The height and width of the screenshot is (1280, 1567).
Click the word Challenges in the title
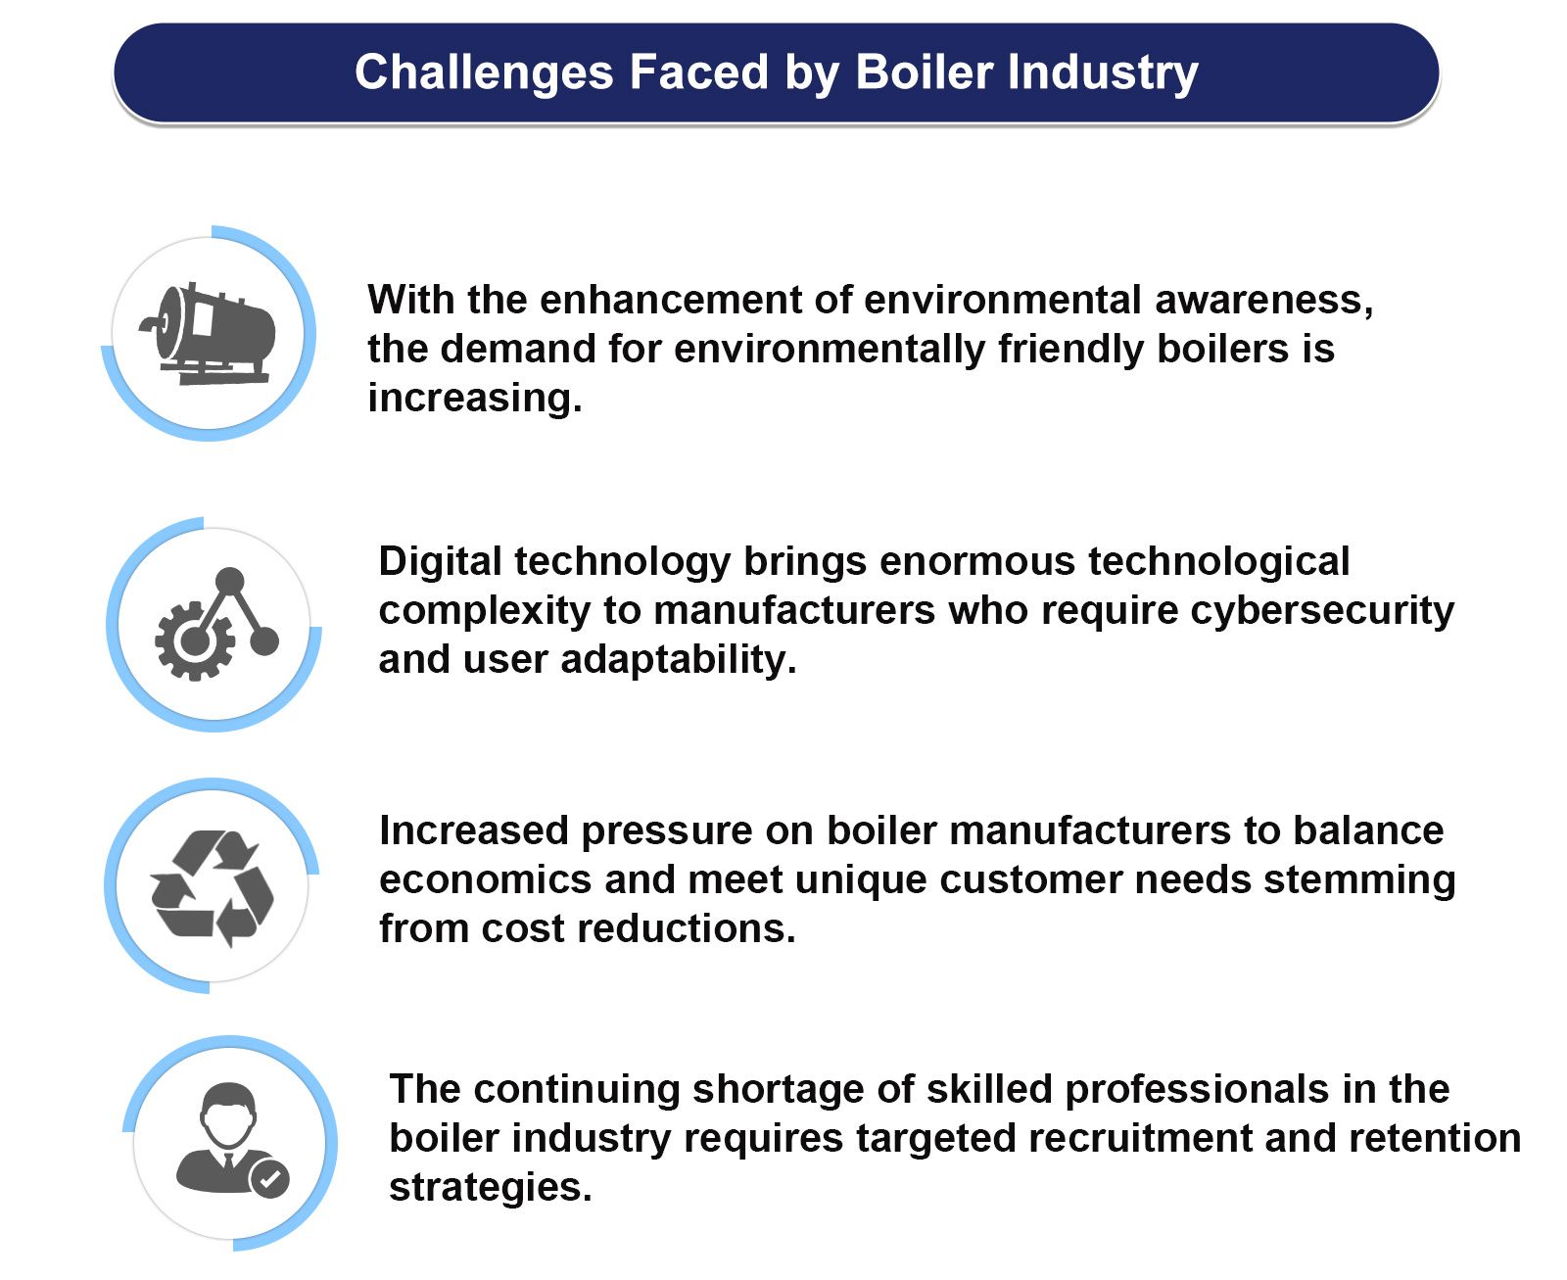coord(484,73)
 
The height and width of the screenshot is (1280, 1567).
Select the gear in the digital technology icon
coord(194,641)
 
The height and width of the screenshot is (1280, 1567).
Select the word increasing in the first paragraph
coord(474,398)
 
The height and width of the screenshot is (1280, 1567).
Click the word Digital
coord(439,562)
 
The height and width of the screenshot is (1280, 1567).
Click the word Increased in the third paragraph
coord(474,830)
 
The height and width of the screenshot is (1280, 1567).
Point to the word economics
coord(485,879)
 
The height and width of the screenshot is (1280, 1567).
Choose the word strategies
coord(490,1187)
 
